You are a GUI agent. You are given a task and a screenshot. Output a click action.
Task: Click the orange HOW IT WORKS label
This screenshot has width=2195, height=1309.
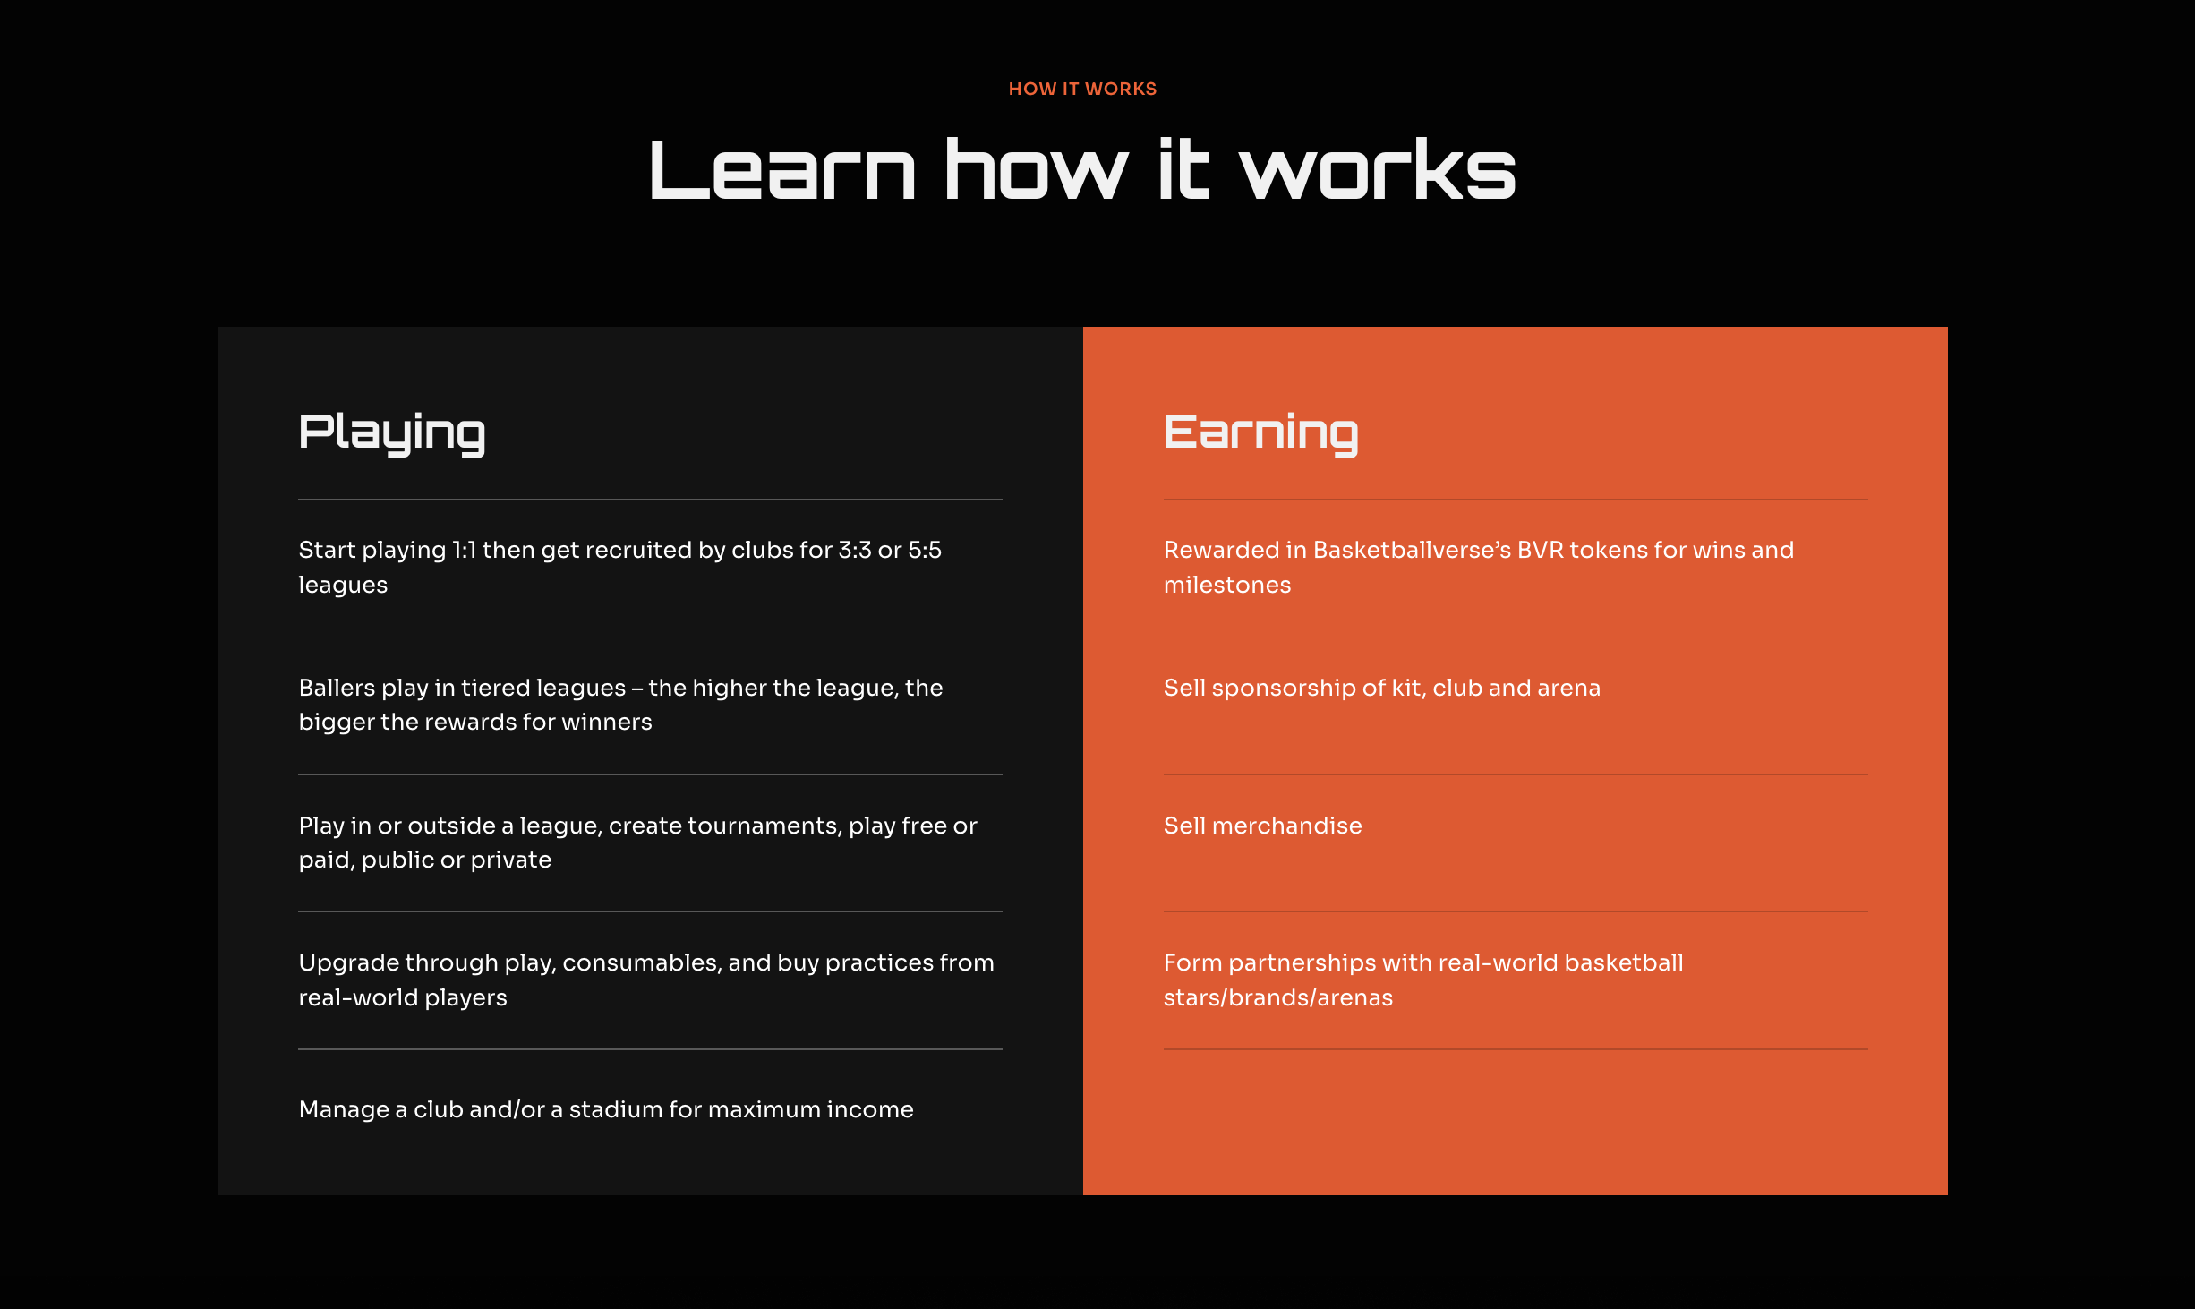(x=1082, y=89)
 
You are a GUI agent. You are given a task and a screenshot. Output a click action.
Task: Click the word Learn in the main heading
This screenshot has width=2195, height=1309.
(x=782, y=169)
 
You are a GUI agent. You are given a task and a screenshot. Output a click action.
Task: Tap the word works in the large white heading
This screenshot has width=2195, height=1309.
(x=1377, y=169)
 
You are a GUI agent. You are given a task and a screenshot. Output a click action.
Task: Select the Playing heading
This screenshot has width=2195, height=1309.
(x=392, y=434)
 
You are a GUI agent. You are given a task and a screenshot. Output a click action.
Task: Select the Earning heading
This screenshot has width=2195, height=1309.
(x=1260, y=434)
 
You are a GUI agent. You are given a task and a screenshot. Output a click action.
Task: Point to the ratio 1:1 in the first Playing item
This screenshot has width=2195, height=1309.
(x=464, y=550)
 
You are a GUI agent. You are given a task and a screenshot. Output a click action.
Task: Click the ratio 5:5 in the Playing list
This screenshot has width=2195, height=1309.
(x=925, y=550)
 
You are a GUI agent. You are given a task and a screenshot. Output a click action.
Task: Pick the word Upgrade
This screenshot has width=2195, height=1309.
(x=348, y=963)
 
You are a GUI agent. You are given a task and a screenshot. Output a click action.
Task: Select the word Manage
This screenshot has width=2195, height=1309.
(x=344, y=1110)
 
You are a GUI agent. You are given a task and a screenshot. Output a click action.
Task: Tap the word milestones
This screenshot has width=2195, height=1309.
(x=1227, y=585)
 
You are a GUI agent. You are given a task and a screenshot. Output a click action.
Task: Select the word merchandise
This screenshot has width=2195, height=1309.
(x=1286, y=826)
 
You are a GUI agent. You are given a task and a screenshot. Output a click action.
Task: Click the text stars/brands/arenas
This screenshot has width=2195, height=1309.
(x=1278, y=997)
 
